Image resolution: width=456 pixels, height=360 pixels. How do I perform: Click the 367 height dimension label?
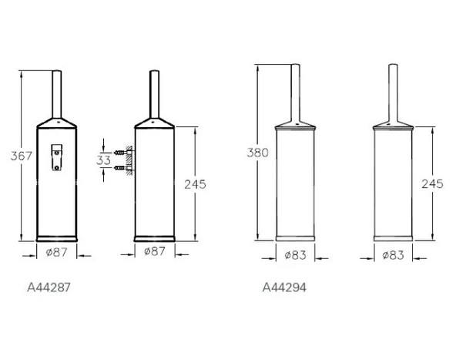coord(21,156)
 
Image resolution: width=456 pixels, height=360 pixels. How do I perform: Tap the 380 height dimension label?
coord(258,153)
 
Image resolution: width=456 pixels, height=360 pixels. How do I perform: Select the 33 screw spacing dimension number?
coord(103,160)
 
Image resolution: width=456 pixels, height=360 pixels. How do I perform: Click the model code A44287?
coord(49,288)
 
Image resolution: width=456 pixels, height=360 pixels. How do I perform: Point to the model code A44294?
coord(284,288)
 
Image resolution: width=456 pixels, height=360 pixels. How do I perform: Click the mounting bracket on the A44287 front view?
coord(57,157)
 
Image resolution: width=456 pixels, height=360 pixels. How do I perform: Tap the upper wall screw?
coord(122,152)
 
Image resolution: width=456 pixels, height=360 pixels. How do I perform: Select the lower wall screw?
coord(122,167)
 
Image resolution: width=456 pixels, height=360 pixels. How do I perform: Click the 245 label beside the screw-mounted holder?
coord(195,184)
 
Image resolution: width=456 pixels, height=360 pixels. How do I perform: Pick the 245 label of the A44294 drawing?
coord(432,183)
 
